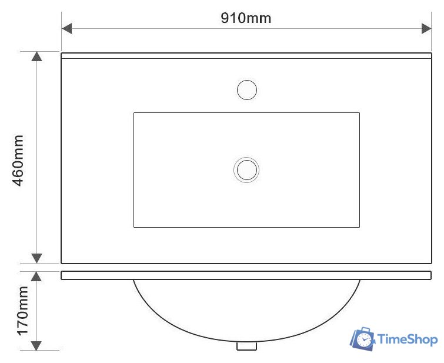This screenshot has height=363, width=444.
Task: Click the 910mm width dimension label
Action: click(246, 18)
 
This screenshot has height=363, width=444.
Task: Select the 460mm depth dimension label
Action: click(18, 161)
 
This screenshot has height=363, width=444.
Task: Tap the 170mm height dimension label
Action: click(23, 311)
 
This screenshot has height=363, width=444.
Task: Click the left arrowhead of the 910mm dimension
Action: click(66, 29)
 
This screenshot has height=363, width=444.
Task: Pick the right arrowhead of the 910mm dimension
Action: click(426, 29)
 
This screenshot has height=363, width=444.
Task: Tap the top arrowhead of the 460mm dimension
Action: click(37, 56)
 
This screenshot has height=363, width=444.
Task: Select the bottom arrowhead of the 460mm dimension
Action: click(37, 258)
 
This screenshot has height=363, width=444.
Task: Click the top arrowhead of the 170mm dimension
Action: click(36, 277)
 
